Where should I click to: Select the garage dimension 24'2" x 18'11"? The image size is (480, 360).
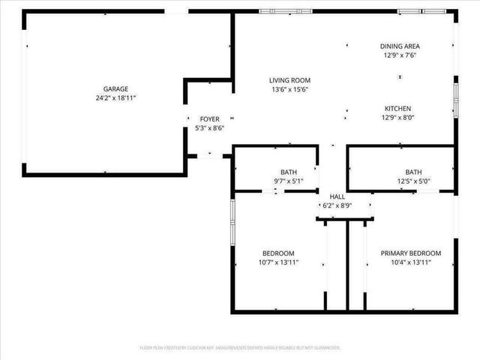tap(115, 97)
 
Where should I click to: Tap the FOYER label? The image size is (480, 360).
tap(209, 119)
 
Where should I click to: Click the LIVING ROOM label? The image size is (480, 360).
tap(289, 80)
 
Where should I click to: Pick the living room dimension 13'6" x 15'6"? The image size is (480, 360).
tap(289, 89)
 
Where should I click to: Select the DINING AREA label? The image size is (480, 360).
tap(400, 46)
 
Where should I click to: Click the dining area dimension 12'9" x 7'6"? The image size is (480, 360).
tap(400, 55)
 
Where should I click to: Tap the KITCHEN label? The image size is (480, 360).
tap(399, 108)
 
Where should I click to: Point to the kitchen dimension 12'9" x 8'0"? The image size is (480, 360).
tap(399, 117)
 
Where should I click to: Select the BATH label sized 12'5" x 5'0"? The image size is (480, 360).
tap(414, 172)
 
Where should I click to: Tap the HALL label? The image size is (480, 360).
tap(337, 196)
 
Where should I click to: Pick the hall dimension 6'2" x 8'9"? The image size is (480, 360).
tap(337, 205)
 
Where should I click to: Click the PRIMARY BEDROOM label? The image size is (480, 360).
tap(411, 253)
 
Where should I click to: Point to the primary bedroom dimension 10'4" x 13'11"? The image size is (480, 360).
tap(411, 262)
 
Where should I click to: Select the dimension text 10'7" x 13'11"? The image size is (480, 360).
tap(278, 262)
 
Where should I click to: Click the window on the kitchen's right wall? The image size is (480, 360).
tap(455, 100)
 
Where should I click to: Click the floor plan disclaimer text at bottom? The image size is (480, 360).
tap(240, 348)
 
